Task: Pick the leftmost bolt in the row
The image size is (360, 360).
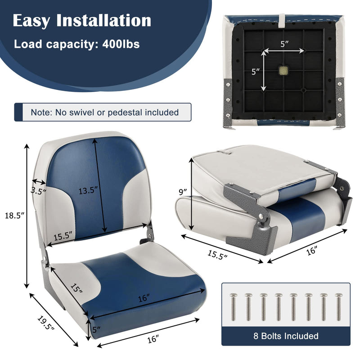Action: pos(233,307)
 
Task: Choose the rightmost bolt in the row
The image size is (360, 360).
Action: pos(338,307)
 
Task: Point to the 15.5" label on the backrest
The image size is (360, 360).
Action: pos(63,236)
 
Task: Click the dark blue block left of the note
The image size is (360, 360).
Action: pos(18,112)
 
